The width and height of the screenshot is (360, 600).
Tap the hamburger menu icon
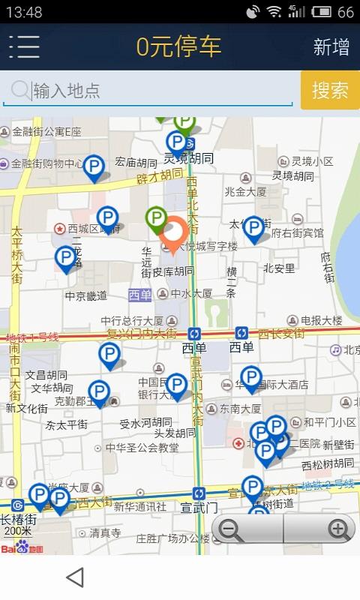pos(24,46)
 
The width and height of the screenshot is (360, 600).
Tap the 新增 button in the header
pos(331,47)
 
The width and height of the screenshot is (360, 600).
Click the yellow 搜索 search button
pos(330,90)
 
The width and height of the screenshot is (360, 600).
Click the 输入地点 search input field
pos(150,91)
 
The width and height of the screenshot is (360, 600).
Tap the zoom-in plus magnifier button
pos(339,529)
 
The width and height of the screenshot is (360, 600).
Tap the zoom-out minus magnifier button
pos(231,529)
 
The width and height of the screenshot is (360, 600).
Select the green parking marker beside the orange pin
pos(156,220)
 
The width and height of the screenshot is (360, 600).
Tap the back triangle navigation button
pos(74,577)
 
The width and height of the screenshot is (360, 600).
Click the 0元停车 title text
pos(178,46)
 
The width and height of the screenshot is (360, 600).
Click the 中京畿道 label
pos(86,295)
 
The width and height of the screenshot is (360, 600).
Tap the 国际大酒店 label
pos(279,385)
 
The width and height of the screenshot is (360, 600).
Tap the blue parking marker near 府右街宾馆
pos(253,229)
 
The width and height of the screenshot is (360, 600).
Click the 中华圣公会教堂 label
pos(142,448)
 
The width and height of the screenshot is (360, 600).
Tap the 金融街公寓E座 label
pos(46,131)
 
